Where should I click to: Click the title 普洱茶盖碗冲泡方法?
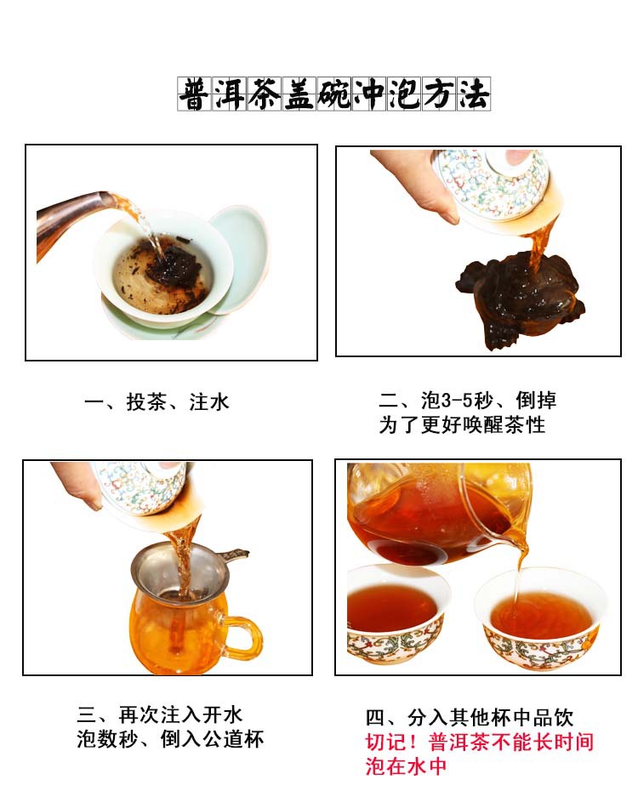pos(333,94)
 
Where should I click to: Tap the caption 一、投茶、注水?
pos(157,402)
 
